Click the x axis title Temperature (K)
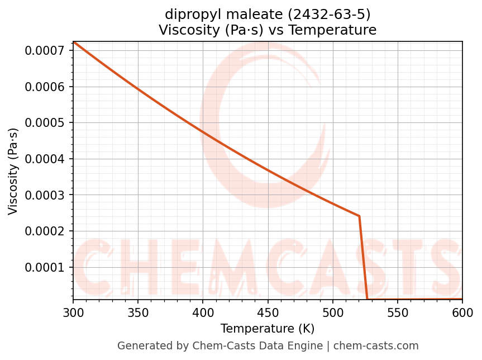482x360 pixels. coord(268,328)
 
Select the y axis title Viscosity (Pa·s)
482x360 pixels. coord(13,171)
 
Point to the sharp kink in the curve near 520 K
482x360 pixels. coord(359,216)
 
